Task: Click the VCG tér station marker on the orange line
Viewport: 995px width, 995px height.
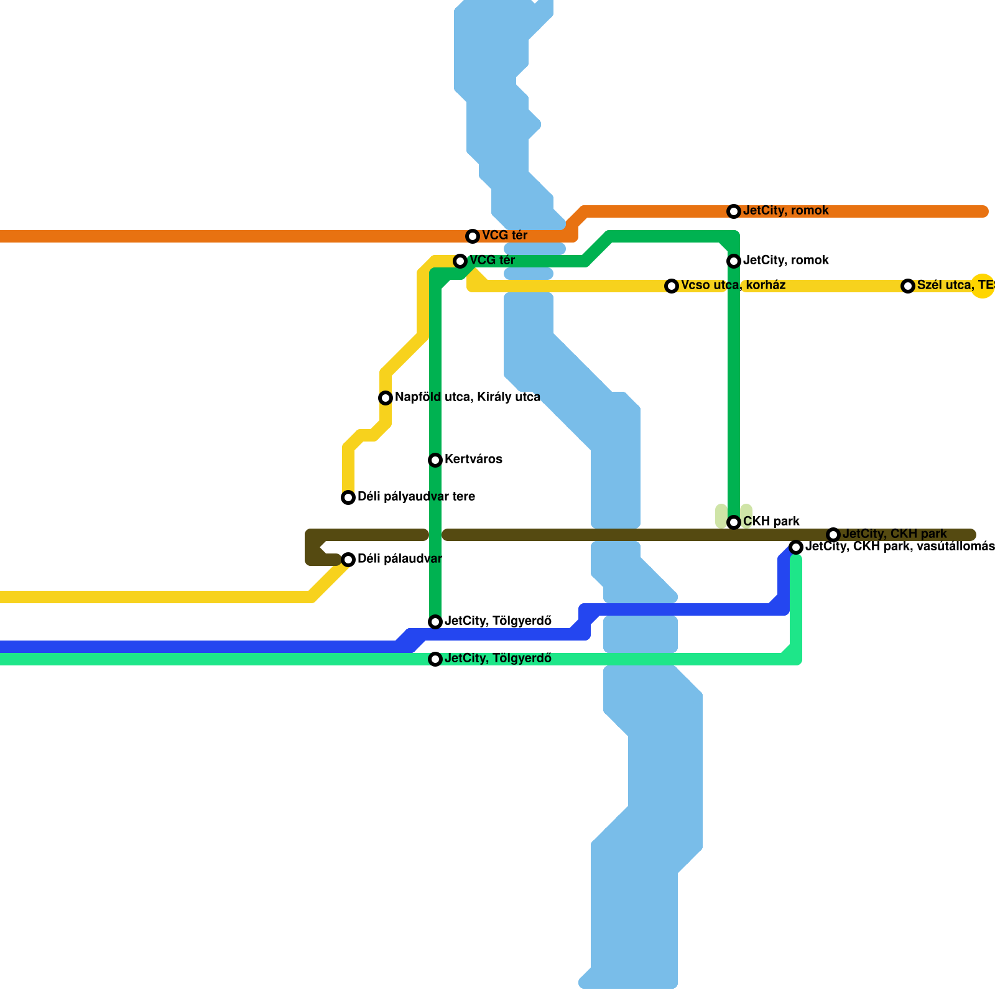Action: (x=473, y=236)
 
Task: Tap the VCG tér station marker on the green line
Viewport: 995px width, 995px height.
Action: (x=460, y=261)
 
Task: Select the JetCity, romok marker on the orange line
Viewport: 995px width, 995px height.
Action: (x=734, y=211)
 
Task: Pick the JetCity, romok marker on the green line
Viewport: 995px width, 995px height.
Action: (x=734, y=261)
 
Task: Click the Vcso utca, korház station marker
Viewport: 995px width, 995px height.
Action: (x=672, y=286)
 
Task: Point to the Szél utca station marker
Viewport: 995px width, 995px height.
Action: (x=908, y=286)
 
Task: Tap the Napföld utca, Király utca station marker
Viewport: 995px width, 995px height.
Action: (x=386, y=398)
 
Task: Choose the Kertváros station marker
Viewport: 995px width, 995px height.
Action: (x=435, y=460)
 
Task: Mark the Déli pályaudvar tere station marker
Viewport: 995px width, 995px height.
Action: (x=348, y=497)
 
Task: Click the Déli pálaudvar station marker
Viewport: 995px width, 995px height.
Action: (x=348, y=560)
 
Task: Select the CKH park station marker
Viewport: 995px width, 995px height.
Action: (x=734, y=522)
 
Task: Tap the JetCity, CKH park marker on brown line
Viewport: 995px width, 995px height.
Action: (x=833, y=535)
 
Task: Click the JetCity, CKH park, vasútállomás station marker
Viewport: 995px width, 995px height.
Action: (x=796, y=547)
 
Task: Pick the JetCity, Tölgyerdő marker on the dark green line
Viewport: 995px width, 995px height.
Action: (x=435, y=622)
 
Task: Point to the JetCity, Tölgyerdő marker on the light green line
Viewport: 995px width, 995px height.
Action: (x=435, y=659)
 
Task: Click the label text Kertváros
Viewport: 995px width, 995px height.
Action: (x=473, y=460)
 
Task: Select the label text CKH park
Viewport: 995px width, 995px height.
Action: (x=771, y=522)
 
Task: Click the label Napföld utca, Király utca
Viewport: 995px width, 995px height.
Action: (x=467, y=397)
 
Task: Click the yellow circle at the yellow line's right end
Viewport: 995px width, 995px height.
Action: (x=983, y=286)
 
